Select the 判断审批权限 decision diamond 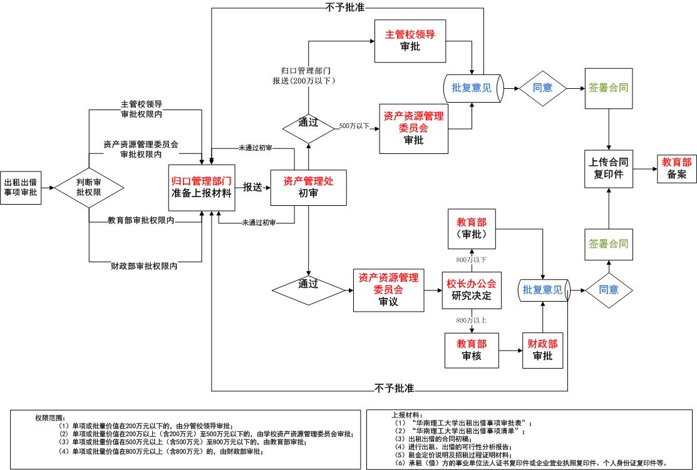click(x=89, y=186)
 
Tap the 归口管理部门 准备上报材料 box click(x=202, y=186)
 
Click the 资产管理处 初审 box click(x=308, y=187)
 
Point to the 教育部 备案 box click(x=676, y=168)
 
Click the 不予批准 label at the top click(x=344, y=8)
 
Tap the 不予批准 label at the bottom click(x=395, y=388)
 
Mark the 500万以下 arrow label click(x=354, y=126)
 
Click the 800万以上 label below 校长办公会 click(x=472, y=320)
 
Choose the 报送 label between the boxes click(x=252, y=186)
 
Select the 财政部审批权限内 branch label click(x=142, y=266)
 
